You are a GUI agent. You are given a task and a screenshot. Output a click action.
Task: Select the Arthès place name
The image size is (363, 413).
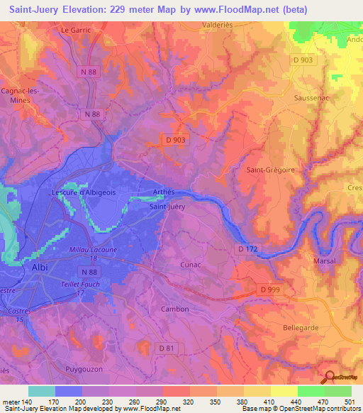tap(163, 192)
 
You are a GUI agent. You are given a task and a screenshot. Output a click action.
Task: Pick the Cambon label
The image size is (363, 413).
tap(174, 309)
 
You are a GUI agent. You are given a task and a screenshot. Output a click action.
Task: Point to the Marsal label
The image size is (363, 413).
tap(324, 261)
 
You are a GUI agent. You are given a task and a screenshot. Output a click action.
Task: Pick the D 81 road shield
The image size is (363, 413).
tap(166, 348)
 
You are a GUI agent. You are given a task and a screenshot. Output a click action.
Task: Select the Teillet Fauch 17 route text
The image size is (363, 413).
tap(90, 288)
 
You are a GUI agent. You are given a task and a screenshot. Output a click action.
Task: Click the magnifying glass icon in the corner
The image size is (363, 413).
tap(330, 376)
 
